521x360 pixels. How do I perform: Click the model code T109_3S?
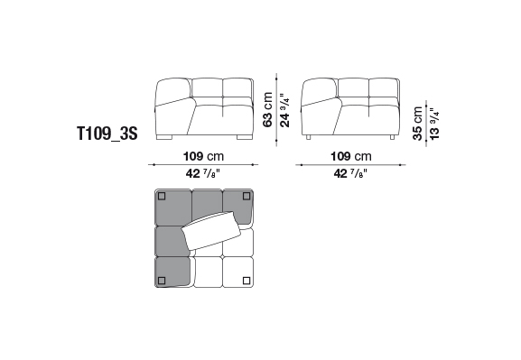[x=107, y=134]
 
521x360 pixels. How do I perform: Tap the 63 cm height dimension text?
[x=267, y=109]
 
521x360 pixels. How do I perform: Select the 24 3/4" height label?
[x=284, y=110]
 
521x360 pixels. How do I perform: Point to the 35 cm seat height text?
[x=417, y=124]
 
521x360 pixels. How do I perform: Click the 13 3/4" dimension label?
[x=434, y=124]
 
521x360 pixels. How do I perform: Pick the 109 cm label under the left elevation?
[x=204, y=156]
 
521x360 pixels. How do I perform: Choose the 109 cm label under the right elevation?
[x=351, y=156]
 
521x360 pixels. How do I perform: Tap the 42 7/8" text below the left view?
[x=203, y=173]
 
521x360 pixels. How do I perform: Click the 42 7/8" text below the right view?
[x=351, y=173]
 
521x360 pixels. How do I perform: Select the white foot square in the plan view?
[x=247, y=281]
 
